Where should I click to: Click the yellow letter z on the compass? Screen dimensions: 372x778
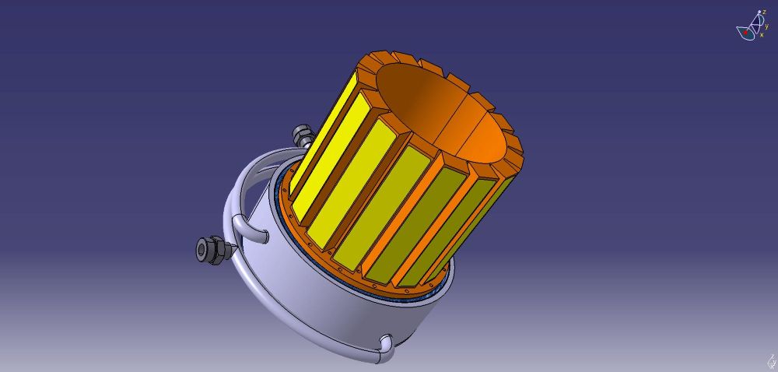[x=764, y=12]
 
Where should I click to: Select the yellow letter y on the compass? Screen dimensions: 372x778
[x=766, y=26]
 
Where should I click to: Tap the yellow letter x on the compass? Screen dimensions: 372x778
[x=762, y=35]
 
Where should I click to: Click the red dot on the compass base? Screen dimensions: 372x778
[x=745, y=33]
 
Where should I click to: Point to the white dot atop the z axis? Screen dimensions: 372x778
[x=759, y=12]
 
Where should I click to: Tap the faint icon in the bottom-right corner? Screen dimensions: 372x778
[x=770, y=362]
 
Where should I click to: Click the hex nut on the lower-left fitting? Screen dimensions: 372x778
[x=220, y=250]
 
